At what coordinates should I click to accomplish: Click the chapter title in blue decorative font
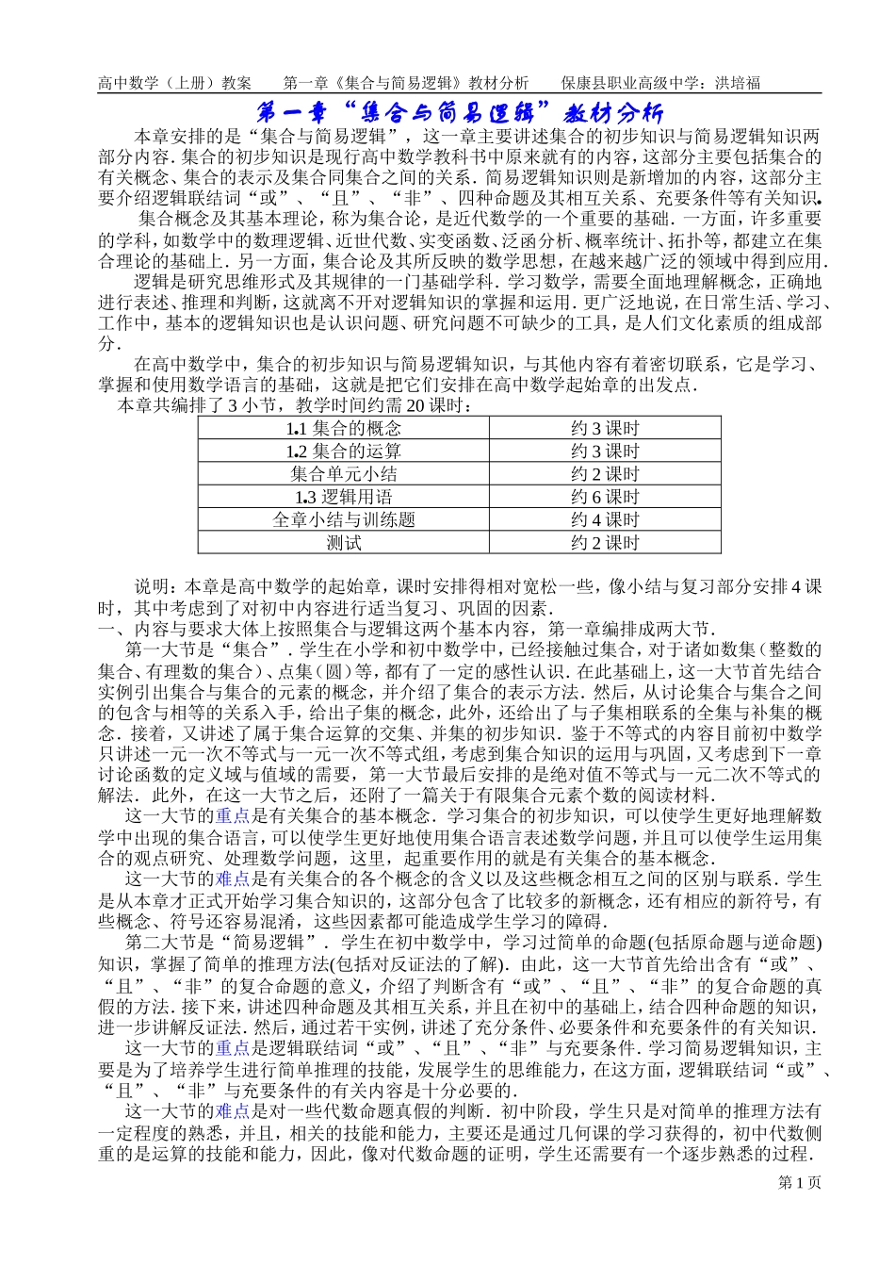coord(460,113)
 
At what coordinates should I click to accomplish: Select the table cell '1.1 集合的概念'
coord(343,429)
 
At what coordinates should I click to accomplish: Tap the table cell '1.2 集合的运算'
coord(343,452)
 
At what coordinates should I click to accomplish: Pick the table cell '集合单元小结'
coord(343,474)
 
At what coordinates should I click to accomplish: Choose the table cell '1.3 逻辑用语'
coord(343,497)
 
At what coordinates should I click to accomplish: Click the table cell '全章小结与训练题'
coord(343,519)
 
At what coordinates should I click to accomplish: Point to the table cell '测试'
coord(343,542)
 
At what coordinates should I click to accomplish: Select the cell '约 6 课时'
coord(604,497)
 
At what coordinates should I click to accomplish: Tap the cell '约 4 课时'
coord(604,519)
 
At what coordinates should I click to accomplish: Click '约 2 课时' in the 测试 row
coord(604,542)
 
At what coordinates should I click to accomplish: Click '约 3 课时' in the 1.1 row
coord(604,429)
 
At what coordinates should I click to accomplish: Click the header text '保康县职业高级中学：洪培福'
coord(660,83)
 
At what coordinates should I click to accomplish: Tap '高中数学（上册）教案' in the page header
coord(174,83)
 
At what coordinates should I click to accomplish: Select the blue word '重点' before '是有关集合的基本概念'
coord(233,816)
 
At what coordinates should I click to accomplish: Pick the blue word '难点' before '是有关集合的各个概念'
coord(233,879)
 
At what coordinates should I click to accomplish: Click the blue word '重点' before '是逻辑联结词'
coord(233,1048)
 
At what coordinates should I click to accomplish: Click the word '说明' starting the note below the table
coord(153,586)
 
